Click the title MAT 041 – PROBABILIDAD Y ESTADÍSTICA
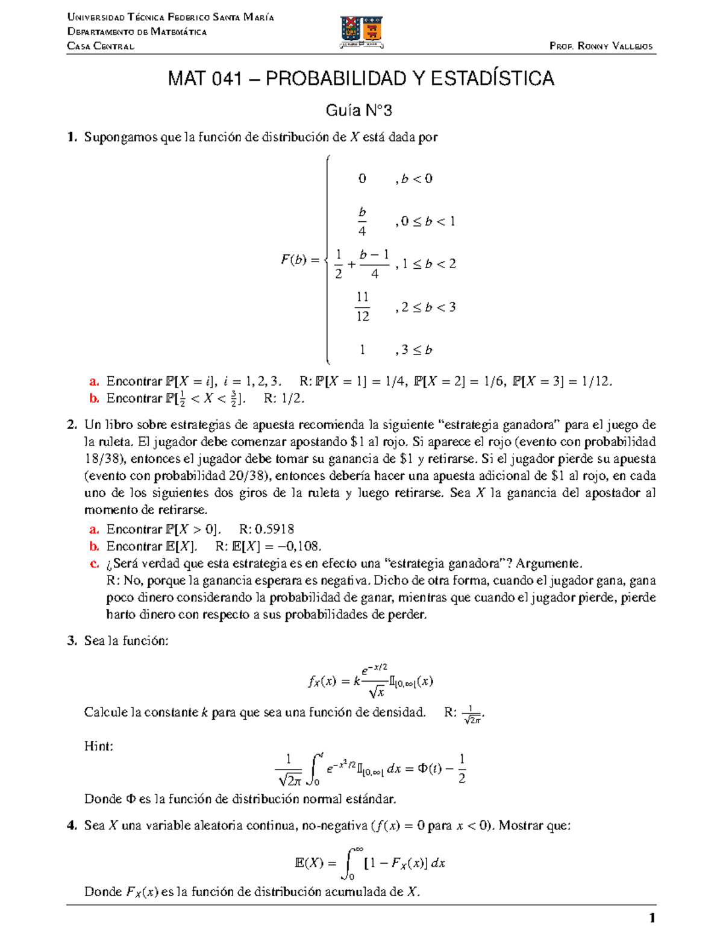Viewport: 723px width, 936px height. click(361, 78)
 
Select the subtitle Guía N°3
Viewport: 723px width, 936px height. click(358, 110)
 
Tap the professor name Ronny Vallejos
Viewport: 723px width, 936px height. click(615, 46)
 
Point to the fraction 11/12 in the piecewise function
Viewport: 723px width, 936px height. click(362, 307)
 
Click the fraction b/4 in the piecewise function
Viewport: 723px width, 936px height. click(362, 221)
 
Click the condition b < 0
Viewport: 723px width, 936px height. click(416, 178)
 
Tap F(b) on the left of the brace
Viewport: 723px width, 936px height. click(294, 260)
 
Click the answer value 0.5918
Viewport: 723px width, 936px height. click(274, 529)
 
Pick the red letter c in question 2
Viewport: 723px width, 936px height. click(94, 564)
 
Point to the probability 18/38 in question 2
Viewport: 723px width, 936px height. click(104, 459)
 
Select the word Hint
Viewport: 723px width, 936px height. click(98, 746)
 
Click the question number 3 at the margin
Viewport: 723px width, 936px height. click(72, 641)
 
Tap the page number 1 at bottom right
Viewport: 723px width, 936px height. click(651, 919)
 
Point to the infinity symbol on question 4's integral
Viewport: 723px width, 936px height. click(359, 849)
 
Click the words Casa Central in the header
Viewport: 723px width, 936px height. click(101, 46)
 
